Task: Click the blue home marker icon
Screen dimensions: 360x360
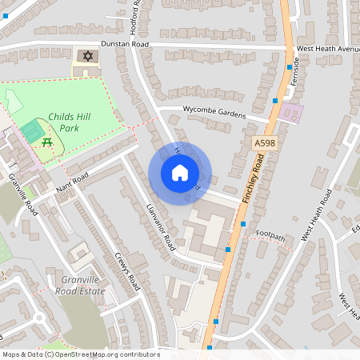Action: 179,172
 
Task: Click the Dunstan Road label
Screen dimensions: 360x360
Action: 125,46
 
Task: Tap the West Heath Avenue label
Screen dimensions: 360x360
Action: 328,48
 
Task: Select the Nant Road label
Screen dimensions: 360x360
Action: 72,183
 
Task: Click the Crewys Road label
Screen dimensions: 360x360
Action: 127,272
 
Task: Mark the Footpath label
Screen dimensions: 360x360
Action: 270,234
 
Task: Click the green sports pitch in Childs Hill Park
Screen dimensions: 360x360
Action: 32,130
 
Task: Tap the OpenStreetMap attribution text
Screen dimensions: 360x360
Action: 80,354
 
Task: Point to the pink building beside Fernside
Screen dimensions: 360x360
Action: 290,113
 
